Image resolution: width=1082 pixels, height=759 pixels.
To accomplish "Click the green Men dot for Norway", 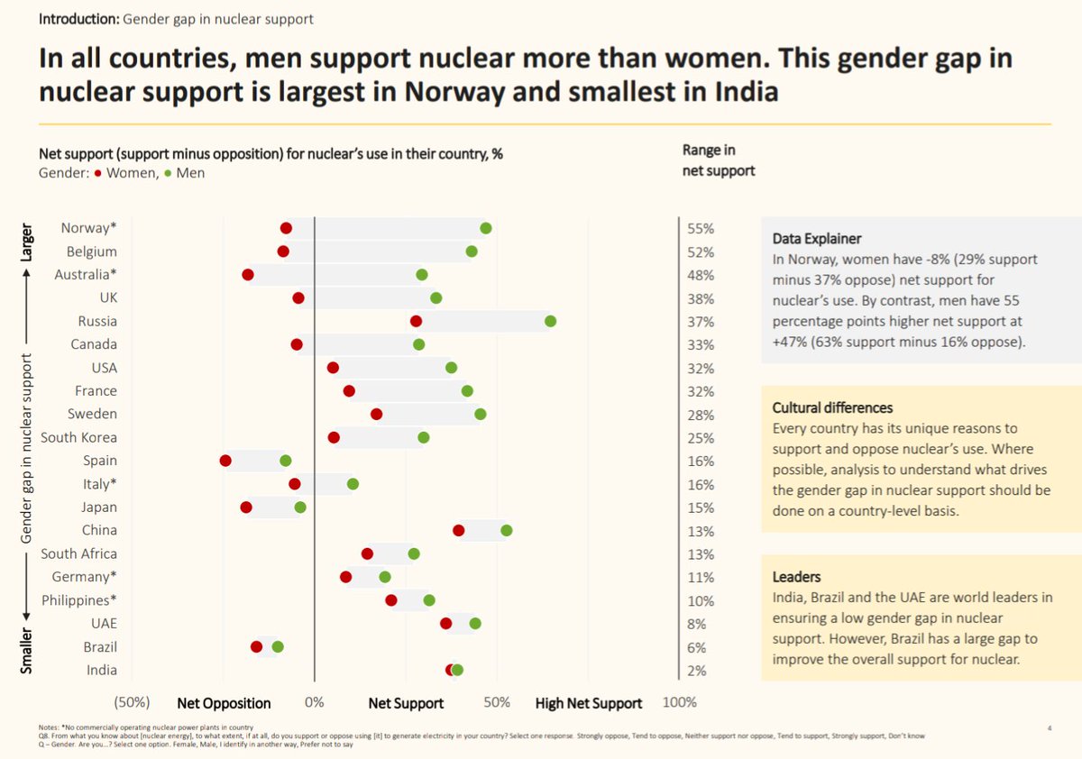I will coord(486,228).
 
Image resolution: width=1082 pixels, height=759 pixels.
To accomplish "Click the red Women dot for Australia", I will coord(248,275).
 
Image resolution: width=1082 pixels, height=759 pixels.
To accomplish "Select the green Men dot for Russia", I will coord(551,321).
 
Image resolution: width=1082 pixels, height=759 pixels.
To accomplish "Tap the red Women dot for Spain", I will coord(225,461).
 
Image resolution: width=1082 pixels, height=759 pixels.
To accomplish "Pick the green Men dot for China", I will coord(507,530).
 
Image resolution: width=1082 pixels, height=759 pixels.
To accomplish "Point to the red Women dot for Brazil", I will coord(256,646).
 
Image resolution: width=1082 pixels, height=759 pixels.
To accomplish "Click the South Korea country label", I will coord(78,437).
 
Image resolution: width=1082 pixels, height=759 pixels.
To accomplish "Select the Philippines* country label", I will coord(79,600).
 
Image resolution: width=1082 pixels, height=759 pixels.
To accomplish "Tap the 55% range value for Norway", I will coord(701,229).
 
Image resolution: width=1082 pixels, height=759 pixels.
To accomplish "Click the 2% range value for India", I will coord(697,671).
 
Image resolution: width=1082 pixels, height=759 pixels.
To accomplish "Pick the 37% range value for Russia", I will coord(701,322).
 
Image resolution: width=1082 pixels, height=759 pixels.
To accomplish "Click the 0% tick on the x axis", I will coord(314,703).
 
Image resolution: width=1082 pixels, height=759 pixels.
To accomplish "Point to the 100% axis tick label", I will coord(679,703).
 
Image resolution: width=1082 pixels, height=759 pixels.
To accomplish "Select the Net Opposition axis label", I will coord(224,703).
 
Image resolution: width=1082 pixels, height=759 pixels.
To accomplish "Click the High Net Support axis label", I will coord(589,703).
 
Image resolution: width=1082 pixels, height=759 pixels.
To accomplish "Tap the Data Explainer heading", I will coord(817,239).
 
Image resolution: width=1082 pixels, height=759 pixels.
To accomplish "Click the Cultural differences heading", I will coord(832,407).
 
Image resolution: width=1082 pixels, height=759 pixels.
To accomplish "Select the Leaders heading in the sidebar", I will coord(797,577).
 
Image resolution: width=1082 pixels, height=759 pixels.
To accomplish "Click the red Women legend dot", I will coord(97,173).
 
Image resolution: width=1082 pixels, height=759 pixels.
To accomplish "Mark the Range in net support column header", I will coord(720,160).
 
